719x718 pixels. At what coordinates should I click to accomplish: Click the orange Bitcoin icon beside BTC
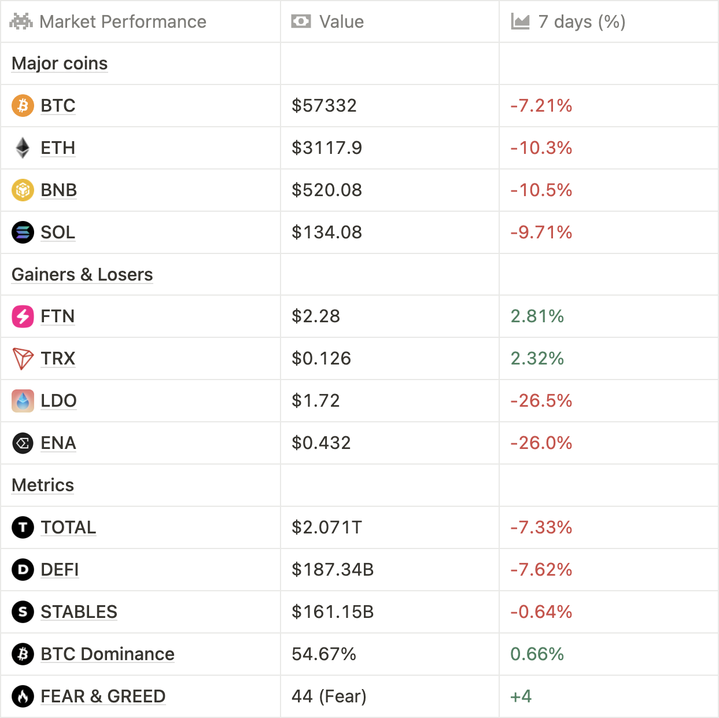[x=23, y=106]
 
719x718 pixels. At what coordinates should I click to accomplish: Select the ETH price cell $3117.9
[x=327, y=148]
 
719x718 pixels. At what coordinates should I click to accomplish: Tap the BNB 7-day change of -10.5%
[x=541, y=190]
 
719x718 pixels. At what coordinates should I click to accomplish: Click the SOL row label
[x=58, y=233]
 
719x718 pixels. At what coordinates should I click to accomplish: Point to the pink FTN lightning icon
[x=23, y=316]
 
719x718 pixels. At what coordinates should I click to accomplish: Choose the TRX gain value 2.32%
[x=537, y=359]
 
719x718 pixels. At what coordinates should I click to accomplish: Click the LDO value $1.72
[x=315, y=401]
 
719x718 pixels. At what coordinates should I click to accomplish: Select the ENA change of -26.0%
[x=541, y=443]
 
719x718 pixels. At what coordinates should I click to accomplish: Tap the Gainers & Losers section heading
[x=82, y=275]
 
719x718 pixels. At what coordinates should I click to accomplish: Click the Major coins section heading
[x=60, y=64]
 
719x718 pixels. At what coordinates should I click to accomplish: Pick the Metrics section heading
[x=43, y=485]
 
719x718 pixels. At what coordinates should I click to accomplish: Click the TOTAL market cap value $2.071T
[x=327, y=528]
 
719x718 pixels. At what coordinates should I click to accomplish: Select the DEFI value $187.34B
[x=333, y=570]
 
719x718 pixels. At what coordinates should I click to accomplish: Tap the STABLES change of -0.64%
[x=541, y=612]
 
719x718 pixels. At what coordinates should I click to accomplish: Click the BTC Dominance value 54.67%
[x=324, y=654]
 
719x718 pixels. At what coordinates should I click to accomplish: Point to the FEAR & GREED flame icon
[x=23, y=697]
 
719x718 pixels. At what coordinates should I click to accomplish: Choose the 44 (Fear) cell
[x=329, y=697]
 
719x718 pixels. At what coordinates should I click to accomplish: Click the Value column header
[x=341, y=22]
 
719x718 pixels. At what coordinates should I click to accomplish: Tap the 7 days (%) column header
[x=581, y=22]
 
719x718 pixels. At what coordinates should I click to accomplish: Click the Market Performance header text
[x=123, y=22]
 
